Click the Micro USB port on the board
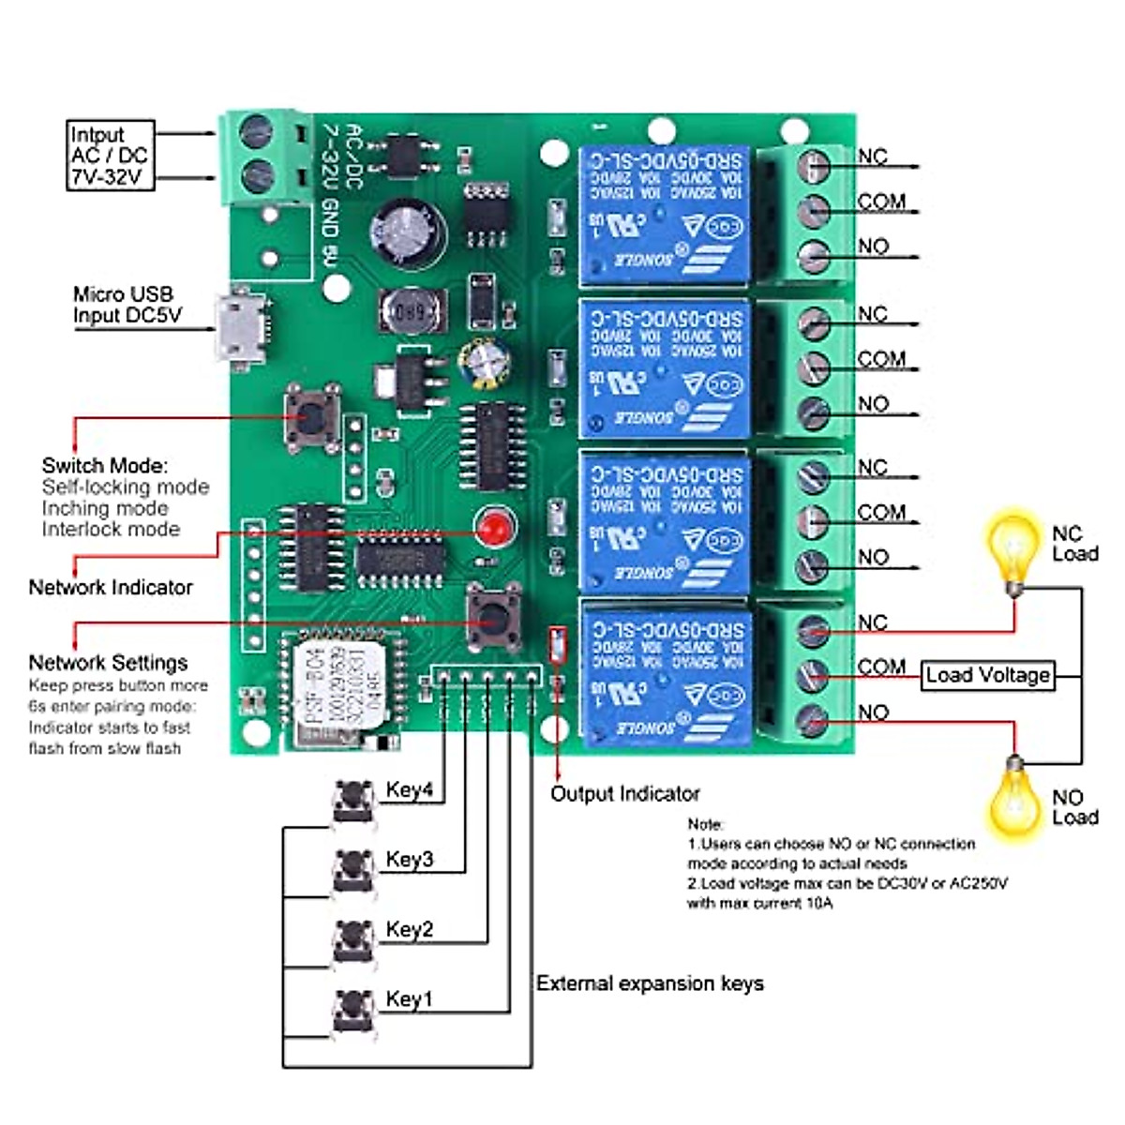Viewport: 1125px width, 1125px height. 241,326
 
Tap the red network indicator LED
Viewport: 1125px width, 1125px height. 490,529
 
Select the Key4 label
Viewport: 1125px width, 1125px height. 410,790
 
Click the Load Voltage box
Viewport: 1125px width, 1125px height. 987,675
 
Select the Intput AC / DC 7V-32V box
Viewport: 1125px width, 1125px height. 110,156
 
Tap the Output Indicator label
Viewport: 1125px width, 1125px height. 624,794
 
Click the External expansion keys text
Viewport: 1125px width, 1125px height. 650,983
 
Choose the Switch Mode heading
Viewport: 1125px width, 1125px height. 105,465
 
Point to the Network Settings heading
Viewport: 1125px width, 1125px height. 108,663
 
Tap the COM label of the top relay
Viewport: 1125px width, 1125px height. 881,202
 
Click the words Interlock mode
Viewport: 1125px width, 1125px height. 111,530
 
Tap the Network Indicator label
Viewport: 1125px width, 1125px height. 111,588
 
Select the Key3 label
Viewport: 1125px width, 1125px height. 410,860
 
